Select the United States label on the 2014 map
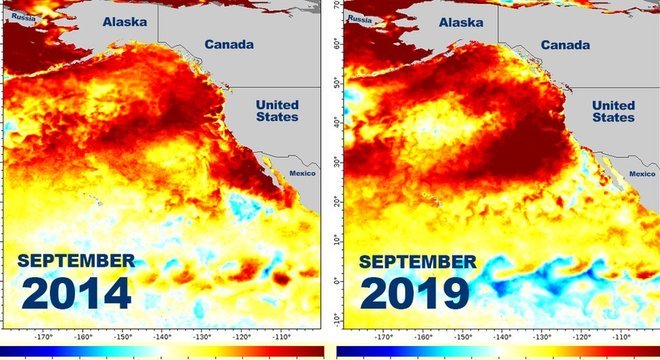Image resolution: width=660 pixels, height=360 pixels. pos(278,111)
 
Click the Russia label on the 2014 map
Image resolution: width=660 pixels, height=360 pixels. pos(19,19)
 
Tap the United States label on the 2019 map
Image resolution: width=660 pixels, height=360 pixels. pos(613,111)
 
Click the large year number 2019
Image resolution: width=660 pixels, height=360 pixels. pos(414,293)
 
